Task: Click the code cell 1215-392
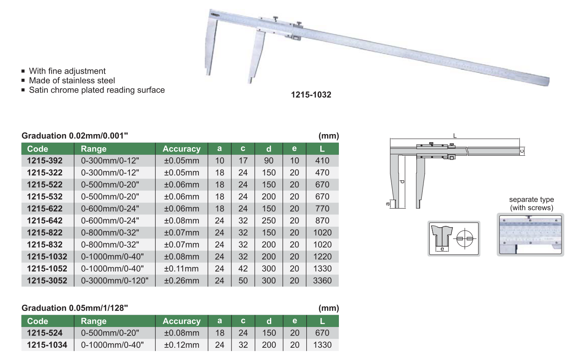(x=45, y=161)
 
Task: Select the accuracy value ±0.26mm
(x=181, y=280)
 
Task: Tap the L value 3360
(x=322, y=280)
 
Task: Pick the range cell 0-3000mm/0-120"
(x=115, y=280)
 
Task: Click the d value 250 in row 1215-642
(x=269, y=220)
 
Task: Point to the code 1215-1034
(x=47, y=345)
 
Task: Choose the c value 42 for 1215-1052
(x=243, y=269)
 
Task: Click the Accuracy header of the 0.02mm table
(x=181, y=149)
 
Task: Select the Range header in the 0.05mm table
(x=93, y=321)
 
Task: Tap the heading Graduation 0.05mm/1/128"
(x=74, y=308)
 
